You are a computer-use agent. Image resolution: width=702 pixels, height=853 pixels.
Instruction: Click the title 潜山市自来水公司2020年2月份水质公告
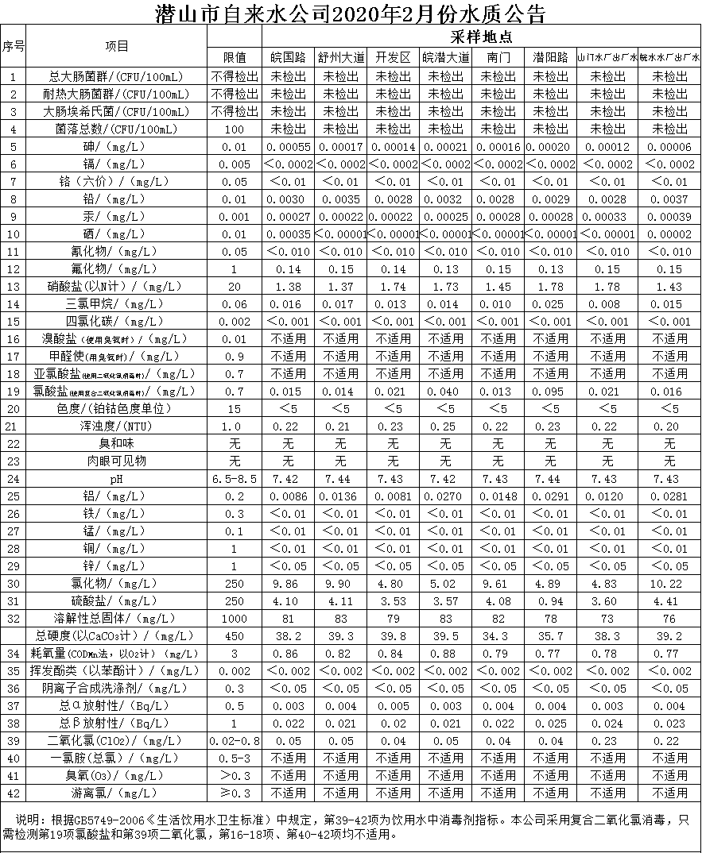coord(351,13)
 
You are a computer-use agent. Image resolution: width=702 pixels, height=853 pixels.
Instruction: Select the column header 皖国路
coord(288,58)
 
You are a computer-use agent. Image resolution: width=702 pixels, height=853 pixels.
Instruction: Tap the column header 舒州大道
coord(341,58)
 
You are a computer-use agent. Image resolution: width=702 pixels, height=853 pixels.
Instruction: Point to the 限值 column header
coord(235,58)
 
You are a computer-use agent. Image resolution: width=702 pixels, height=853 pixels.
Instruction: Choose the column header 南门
coord(498,58)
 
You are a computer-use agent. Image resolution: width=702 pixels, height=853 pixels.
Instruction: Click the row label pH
coord(117,479)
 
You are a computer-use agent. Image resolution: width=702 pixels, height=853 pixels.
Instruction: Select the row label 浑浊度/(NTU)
coord(117,426)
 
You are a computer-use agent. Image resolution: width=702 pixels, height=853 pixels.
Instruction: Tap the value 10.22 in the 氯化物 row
coord(669,584)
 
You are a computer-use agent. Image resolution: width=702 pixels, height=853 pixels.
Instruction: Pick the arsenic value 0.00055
coord(288,147)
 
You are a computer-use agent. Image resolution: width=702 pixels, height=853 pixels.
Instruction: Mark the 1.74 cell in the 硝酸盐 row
coord(393,287)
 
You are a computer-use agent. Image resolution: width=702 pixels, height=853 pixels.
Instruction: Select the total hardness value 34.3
coord(498,636)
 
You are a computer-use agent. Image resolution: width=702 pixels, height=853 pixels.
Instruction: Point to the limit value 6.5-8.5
coord(235,479)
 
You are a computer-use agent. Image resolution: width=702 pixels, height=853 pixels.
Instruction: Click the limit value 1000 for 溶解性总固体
coord(235,619)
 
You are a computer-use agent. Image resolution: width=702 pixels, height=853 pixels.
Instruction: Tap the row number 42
coord(14,793)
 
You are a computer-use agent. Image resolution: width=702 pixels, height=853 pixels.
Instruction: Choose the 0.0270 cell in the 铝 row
coord(445,496)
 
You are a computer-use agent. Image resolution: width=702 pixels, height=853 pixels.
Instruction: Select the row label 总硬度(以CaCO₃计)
coord(117,636)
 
